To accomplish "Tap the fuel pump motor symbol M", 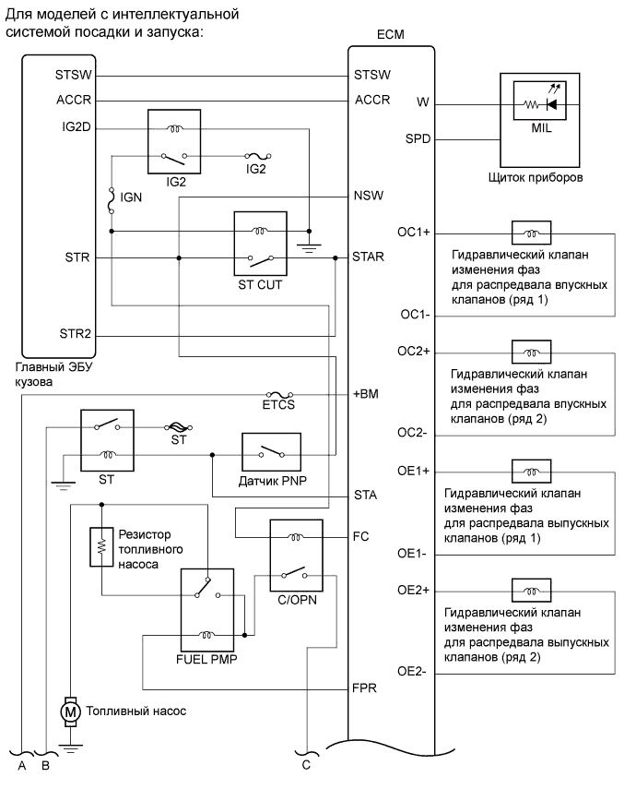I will (68, 711).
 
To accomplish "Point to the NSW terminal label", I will (370, 197).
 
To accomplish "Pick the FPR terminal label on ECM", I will (367, 688).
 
